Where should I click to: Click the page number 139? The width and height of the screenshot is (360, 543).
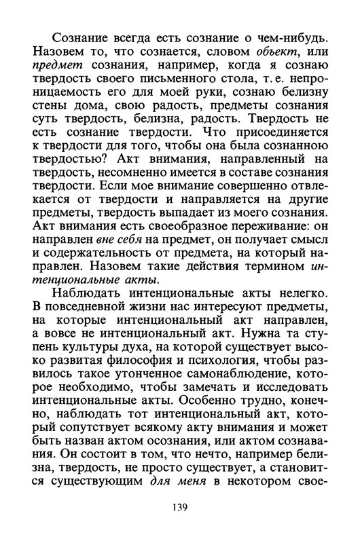click(x=179, y=507)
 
